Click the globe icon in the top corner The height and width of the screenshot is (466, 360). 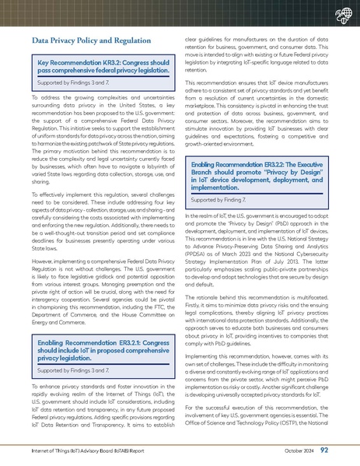coord(340,15)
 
